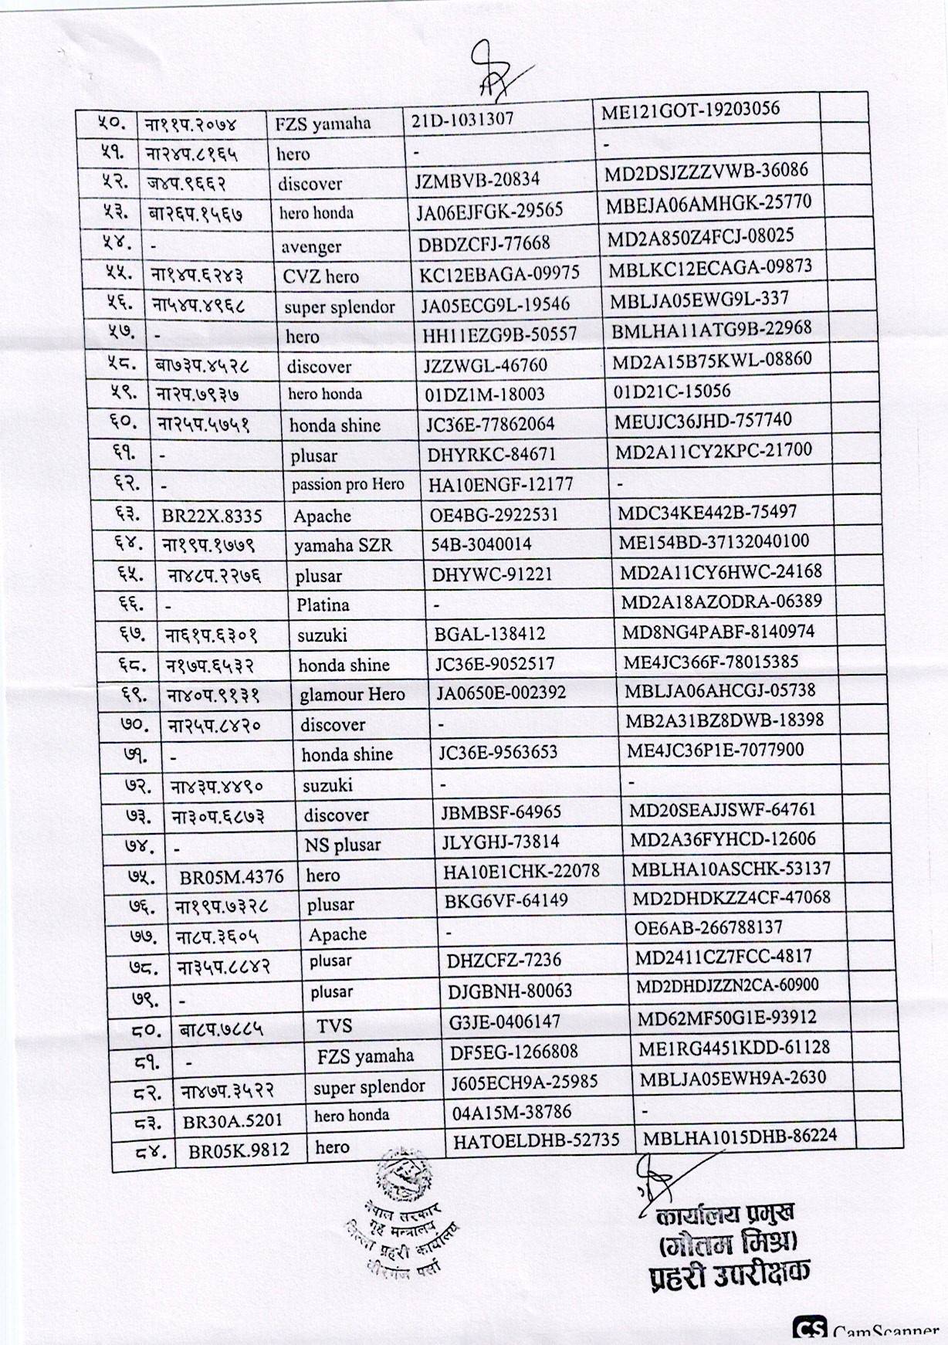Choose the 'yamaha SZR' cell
pyautogui.click(x=343, y=545)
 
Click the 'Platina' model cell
pyautogui.click(x=323, y=605)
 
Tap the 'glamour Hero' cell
pyautogui.click(x=352, y=694)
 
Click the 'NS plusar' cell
pyautogui.click(x=342, y=845)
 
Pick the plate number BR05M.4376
pyautogui.click(x=232, y=877)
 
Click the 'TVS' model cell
pyautogui.click(x=334, y=1025)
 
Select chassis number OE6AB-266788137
pyautogui.click(x=708, y=927)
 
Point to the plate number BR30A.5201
pyautogui.click(x=232, y=1120)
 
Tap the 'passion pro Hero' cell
pyautogui.click(x=347, y=485)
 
